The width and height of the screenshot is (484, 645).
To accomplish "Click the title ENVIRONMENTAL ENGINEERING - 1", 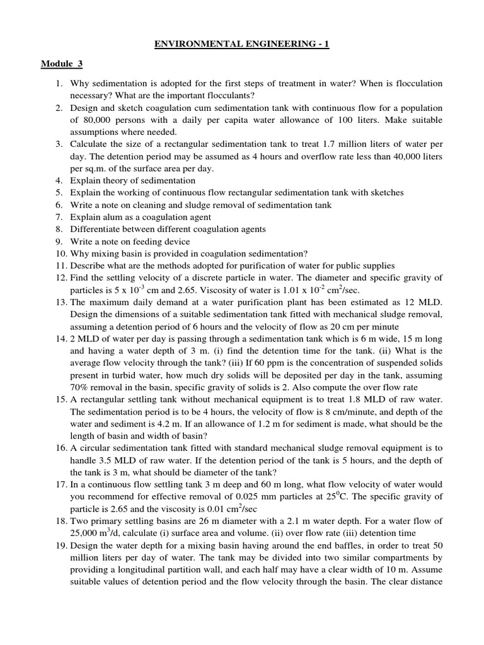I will point(241,43).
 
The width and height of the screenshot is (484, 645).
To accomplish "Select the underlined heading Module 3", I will point(62,64).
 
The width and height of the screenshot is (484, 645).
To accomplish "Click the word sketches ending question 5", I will point(386,193).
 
